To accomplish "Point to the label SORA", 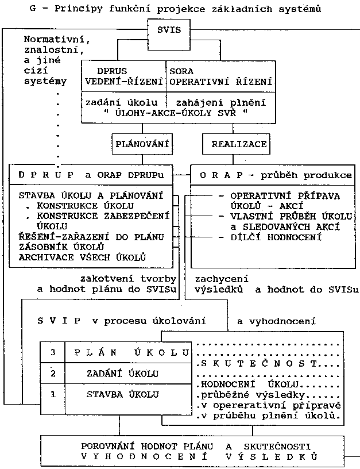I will pyautogui.click(x=181, y=71).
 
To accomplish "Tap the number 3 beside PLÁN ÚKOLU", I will pyautogui.click(x=53, y=352).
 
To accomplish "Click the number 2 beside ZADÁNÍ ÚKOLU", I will pyautogui.click(x=53, y=374).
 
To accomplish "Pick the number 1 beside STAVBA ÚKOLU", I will pyautogui.click(x=53, y=394).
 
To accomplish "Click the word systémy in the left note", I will pyautogui.click(x=45, y=81).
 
